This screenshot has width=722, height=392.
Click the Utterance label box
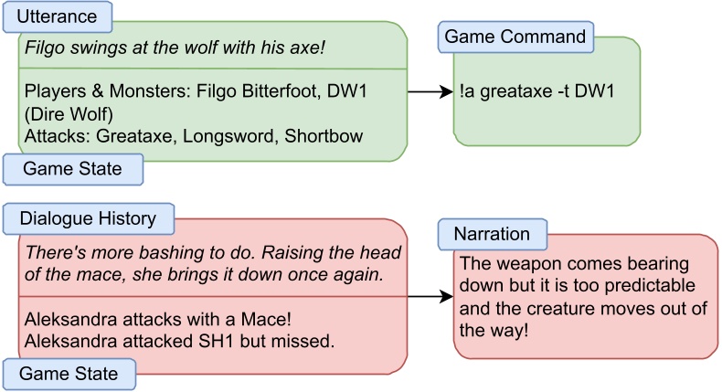click(57, 16)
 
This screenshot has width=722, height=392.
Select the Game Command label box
click(515, 37)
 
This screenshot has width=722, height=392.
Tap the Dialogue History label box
click(88, 218)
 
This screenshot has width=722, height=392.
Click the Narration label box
click(491, 233)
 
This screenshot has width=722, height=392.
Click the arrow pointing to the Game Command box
click(430, 91)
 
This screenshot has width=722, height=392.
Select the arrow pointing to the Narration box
click(430, 297)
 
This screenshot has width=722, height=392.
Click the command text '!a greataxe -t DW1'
click(539, 91)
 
